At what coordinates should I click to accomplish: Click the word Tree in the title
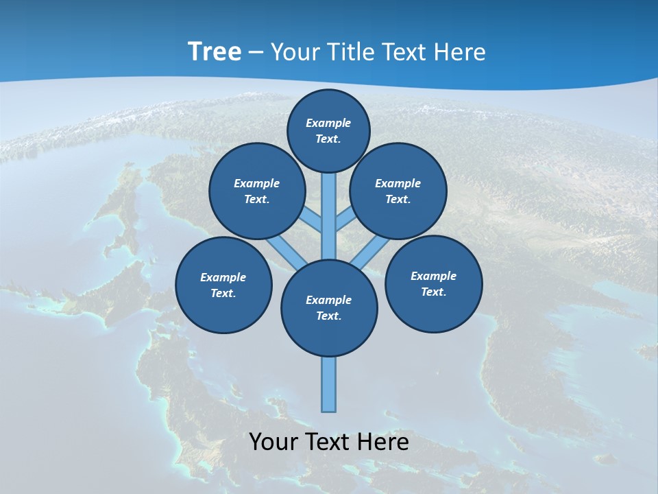coord(214,51)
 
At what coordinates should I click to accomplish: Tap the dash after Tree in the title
coord(256,53)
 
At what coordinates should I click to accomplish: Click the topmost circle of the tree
coord(328,130)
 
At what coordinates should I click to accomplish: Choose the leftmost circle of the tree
coord(223,285)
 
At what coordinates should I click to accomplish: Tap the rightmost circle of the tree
coord(433,284)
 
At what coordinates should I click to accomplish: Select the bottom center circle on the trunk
coord(329,308)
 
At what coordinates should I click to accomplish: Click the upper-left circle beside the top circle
coord(257,191)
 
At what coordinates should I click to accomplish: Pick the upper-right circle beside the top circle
coord(398,191)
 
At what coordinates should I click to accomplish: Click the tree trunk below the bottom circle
coord(329,384)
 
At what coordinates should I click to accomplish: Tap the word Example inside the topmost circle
coord(328,123)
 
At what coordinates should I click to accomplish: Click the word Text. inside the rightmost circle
coord(433,292)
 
